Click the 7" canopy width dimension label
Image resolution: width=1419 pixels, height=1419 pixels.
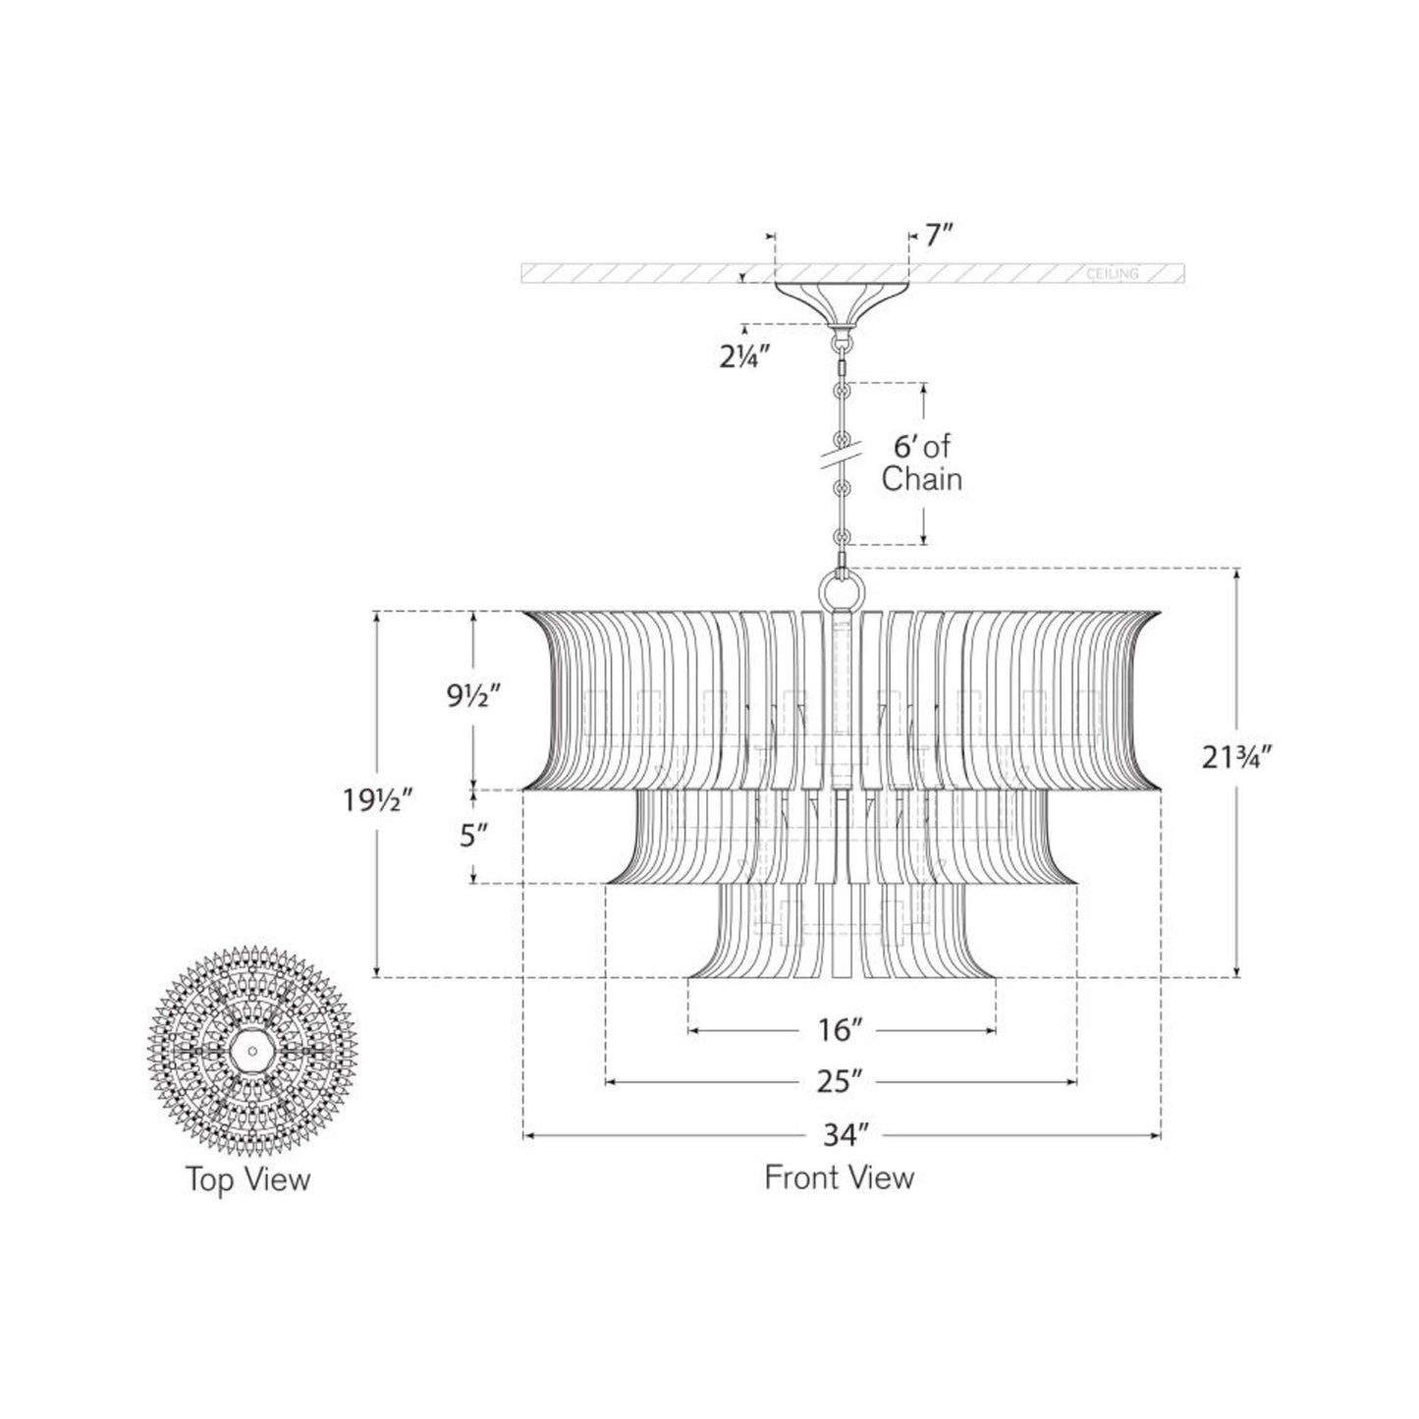(935, 236)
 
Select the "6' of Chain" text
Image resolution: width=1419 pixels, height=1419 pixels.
(921, 464)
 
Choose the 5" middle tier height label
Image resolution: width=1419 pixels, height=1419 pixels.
(474, 837)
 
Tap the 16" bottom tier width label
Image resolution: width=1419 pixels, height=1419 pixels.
(842, 1031)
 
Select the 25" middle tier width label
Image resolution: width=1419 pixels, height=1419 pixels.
(842, 1083)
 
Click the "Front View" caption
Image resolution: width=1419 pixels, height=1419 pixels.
(840, 1176)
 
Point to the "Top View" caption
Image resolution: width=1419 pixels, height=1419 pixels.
(248, 1178)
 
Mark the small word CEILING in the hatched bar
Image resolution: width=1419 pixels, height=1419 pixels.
(1113, 274)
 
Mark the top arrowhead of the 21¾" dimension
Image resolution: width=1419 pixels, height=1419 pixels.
(1236, 574)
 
